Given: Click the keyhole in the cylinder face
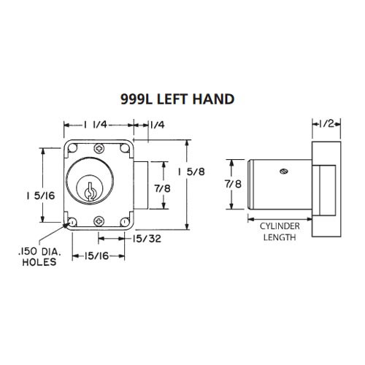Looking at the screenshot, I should point(88,192).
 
